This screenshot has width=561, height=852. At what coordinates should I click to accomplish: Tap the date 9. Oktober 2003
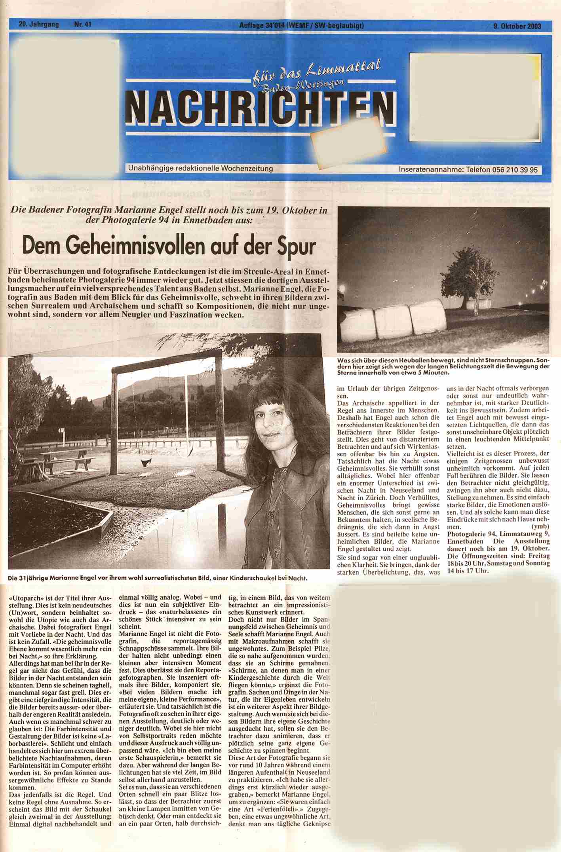[x=517, y=26]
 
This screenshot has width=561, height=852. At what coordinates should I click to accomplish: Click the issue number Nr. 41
[x=83, y=25]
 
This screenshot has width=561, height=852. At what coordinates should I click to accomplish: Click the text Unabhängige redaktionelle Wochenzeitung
[x=200, y=169]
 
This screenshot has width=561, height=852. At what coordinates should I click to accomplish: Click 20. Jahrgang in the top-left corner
[x=39, y=25]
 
